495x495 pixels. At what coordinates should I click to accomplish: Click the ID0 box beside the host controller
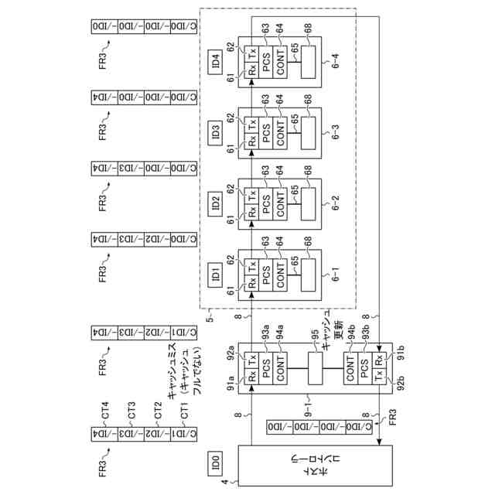click(215, 463)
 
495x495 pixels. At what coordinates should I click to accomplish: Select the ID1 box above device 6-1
click(215, 273)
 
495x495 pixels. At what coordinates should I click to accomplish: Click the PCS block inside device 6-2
click(266, 203)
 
